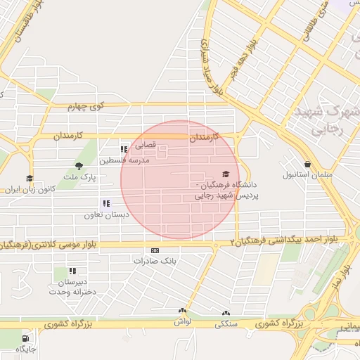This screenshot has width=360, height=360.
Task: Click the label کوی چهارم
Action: click(86, 107)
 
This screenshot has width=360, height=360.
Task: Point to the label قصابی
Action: click(145, 146)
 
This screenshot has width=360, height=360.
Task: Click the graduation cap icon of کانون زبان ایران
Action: click(29, 179)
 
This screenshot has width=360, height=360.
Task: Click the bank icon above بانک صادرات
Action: click(155, 250)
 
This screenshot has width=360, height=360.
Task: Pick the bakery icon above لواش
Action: click(183, 310)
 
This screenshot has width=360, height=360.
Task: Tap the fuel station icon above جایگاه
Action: click(26, 336)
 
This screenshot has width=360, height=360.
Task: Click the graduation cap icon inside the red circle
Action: click(226, 174)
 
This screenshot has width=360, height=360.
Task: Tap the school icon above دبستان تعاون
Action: click(105, 203)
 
